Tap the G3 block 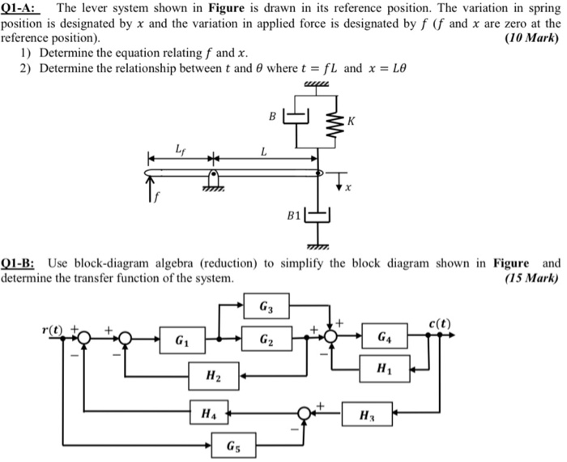click(x=266, y=307)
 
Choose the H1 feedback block click(x=385, y=369)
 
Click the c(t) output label click(x=439, y=324)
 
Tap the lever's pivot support click(x=214, y=180)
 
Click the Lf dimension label click(x=179, y=148)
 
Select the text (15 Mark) click(x=531, y=277)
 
